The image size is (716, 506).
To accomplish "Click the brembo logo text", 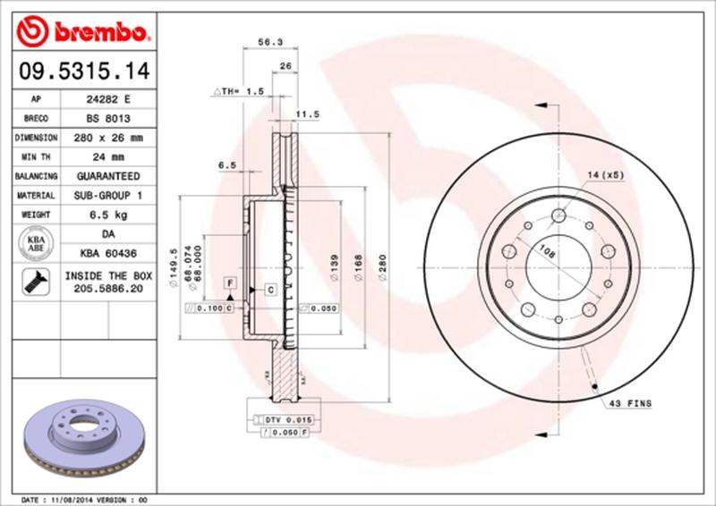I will click(x=98, y=34).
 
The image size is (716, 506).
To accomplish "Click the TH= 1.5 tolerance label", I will click(x=238, y=91).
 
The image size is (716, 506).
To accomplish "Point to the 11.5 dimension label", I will click(x=309, y=114).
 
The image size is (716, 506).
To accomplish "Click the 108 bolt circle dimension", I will click(x=546, y=254).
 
